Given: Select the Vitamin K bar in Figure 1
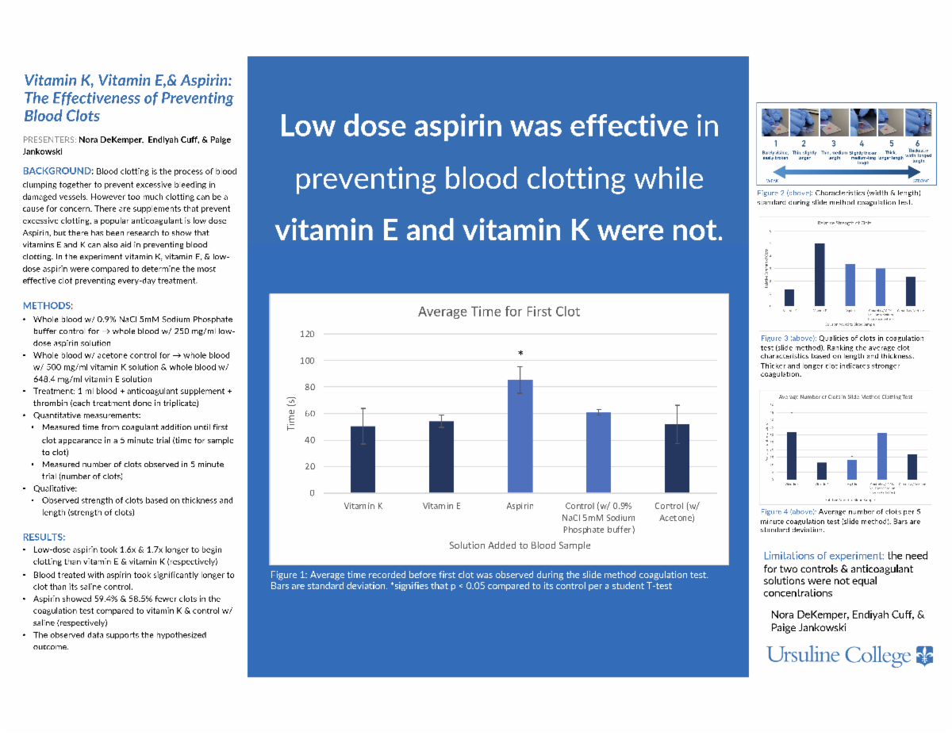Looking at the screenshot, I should point(363,459).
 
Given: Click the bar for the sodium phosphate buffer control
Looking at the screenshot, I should point(598,452).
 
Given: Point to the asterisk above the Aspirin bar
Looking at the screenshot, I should point(520,354).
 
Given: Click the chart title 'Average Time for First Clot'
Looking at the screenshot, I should point(498,312).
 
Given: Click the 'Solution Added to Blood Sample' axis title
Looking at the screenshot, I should point(520,545).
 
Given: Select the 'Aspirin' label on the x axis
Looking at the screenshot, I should point(520,506).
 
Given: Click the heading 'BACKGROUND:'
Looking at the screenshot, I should point(58,171).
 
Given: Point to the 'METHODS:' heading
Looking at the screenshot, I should point(48,306).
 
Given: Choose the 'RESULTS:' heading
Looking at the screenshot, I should point(44,537).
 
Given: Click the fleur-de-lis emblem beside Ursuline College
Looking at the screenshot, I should point(925,655).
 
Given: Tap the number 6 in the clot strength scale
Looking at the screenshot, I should point(917,144).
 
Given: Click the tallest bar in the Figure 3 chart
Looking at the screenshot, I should point(820,274).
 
